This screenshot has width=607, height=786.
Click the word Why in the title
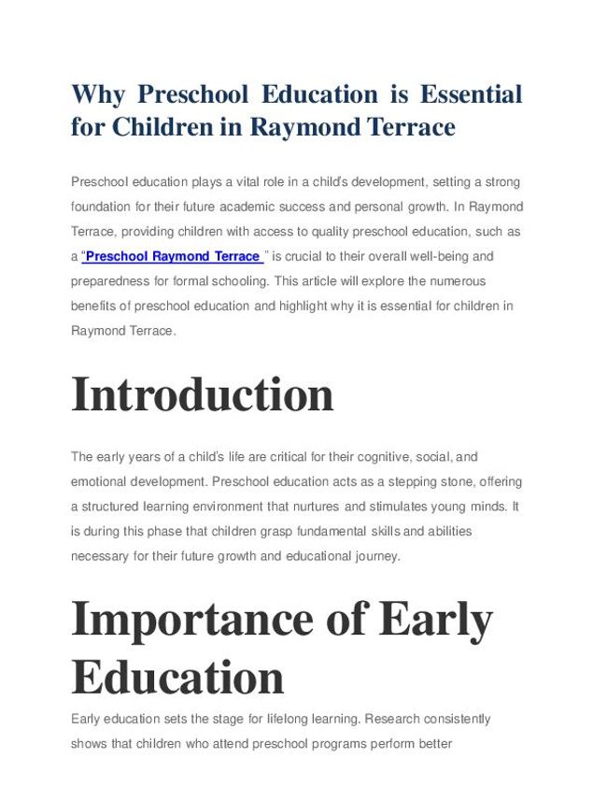pos(98,94)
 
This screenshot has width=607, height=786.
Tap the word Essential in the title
pos(471,94)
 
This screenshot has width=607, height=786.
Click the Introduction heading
pos(203,394)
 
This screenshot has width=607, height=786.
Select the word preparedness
pos(111,280)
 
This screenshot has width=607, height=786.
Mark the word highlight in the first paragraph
pos(277,306)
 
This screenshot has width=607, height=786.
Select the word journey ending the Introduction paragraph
pos(376,556)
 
